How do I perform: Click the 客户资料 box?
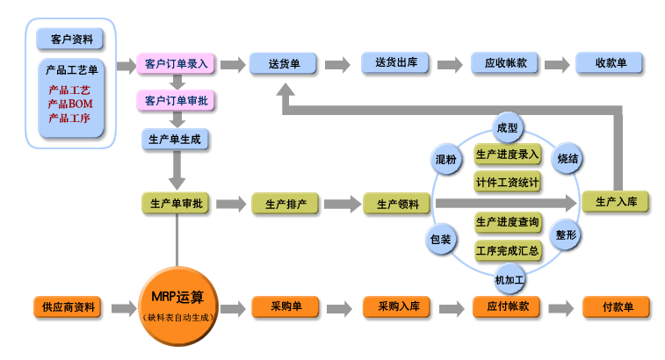70,40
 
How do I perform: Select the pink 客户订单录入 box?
176,64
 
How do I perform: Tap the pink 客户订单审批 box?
176,101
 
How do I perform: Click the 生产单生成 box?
175,140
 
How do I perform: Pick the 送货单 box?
283,64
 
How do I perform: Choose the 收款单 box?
610,63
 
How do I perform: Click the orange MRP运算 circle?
178,306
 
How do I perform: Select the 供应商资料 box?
68,307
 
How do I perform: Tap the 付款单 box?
616,307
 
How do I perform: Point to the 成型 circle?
507,127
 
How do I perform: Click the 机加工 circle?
510,279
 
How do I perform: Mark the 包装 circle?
441,239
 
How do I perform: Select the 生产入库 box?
616,202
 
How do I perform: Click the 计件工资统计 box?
507,183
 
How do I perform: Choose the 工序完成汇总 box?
508,250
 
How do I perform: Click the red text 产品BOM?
70,104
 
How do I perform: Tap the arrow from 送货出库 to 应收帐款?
450,65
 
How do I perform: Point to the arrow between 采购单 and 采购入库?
340,308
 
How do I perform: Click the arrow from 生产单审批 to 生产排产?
231,204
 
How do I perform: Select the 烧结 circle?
567,159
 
